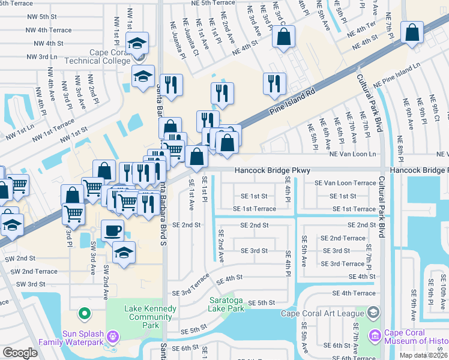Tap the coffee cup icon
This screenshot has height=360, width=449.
click(112, 231)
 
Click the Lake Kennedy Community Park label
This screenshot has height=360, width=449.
click(151, 313)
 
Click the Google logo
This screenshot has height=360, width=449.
click(19, 353)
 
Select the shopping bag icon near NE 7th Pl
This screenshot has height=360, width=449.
click(413, 34)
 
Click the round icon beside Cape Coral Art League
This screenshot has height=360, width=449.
click(373, 313)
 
